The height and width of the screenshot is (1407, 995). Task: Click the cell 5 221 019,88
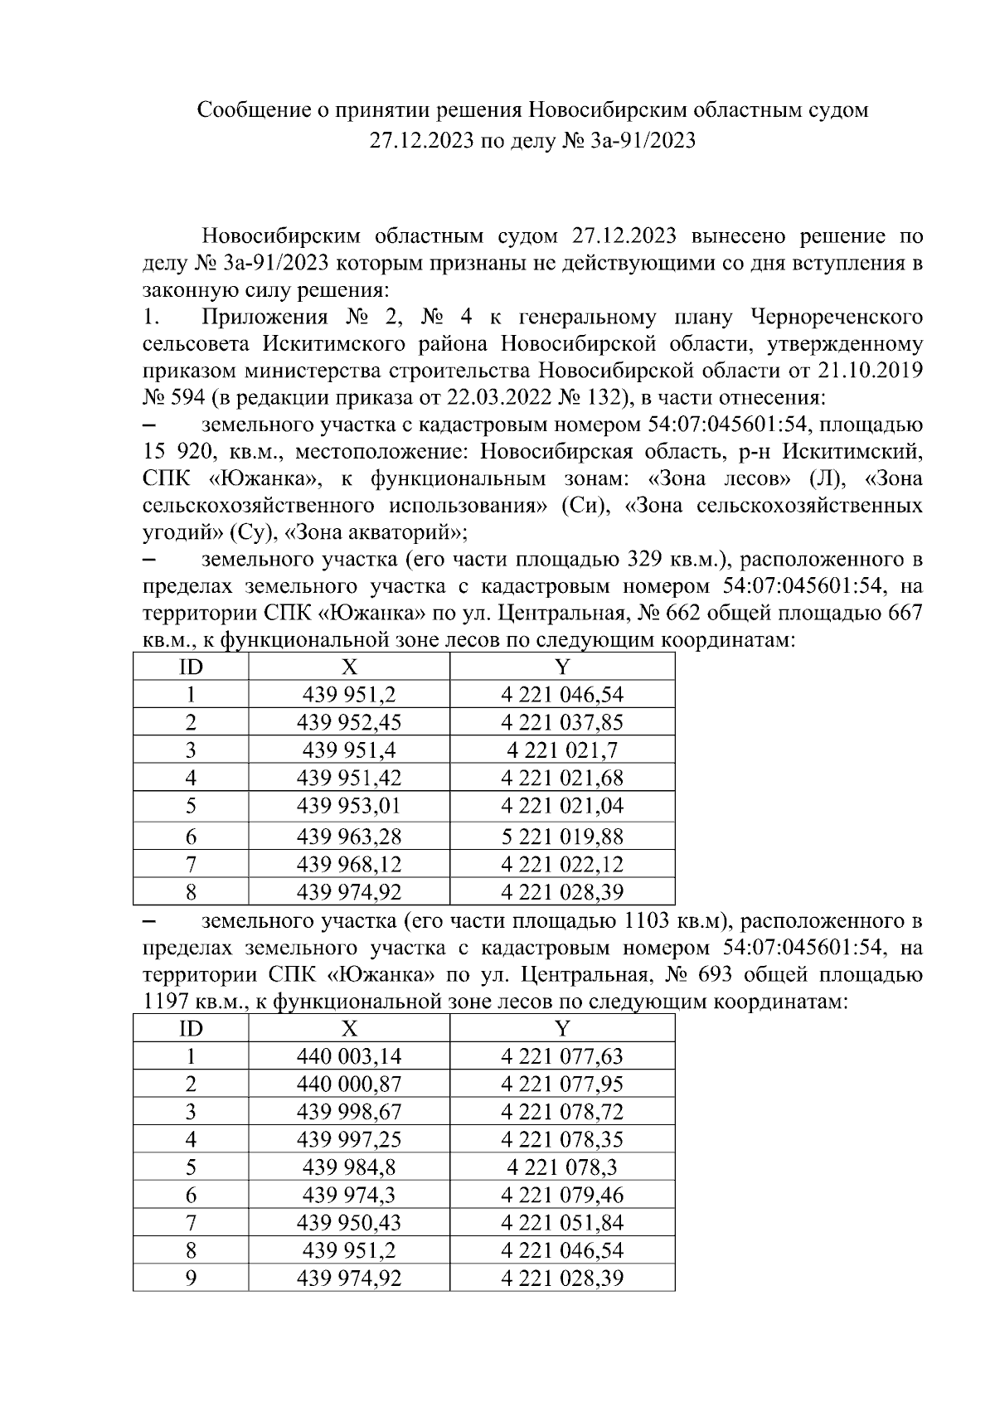coord(562,836)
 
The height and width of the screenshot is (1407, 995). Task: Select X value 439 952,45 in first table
coord(349,722)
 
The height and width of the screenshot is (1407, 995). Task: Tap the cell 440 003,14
coord(349,1056)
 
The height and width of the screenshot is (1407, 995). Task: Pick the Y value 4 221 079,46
coord(562,1195)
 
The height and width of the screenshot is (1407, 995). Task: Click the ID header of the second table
coord(191,1029)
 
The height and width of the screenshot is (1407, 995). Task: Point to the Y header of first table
coord(562,667)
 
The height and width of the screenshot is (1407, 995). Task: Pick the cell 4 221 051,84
coord(562,1223)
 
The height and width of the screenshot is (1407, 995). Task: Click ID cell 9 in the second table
coord(191,1278)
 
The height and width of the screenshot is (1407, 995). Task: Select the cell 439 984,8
coord(349,1167)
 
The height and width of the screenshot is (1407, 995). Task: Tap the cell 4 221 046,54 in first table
coord(562,695)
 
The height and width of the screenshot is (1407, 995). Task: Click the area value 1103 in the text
coord(637,921)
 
